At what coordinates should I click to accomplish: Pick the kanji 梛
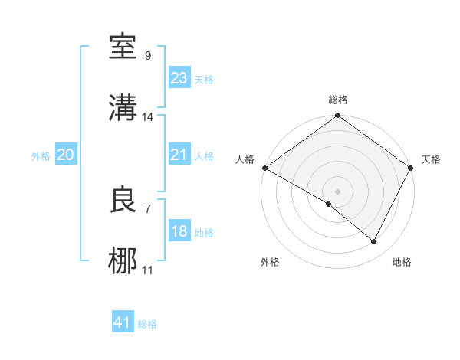123,261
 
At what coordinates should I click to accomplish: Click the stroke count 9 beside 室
147,56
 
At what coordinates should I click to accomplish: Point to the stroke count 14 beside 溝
148,117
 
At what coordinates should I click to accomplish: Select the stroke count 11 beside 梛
148,270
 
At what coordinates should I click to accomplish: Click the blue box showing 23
179,78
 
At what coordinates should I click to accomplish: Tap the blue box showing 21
179,155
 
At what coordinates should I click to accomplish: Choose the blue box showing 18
179,231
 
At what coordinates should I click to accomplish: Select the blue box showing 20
65,155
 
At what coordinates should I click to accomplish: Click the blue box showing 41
123,323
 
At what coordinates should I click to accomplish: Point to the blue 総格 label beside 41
147,325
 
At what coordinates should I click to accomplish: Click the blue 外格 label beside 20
41,156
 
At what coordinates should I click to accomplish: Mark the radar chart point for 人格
264,168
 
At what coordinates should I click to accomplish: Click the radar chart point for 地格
374,242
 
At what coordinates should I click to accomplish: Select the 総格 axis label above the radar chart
338,100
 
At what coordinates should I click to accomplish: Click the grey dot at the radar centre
337,191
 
